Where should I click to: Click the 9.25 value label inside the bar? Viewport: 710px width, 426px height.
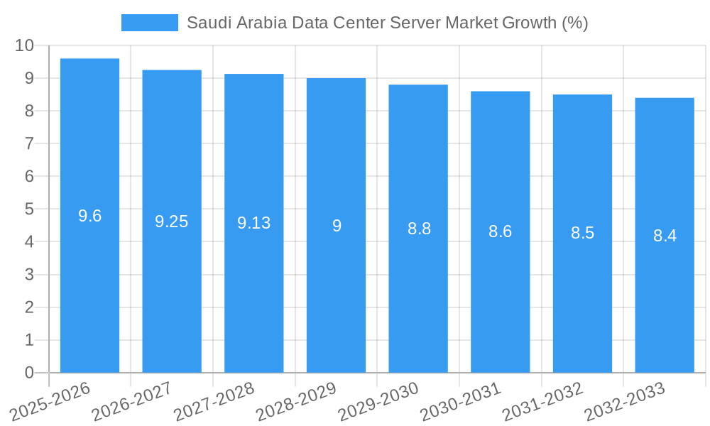(172, 222)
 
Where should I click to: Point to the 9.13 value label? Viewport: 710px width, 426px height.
(253, 223)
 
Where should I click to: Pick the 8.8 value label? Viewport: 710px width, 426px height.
(419, 229)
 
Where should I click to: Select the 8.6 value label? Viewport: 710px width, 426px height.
(500, 231)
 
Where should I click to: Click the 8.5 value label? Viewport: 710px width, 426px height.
(582, 233)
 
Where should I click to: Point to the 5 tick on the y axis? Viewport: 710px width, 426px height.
(29, 209)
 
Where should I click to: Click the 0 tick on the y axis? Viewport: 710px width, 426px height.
(29, 373)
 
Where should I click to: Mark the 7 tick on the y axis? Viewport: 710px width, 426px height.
(29, 143)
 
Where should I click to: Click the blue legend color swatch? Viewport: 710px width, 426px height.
(150, 23)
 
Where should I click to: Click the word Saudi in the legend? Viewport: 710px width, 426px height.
(207, 23)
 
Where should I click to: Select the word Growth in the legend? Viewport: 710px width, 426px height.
(529, 23)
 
